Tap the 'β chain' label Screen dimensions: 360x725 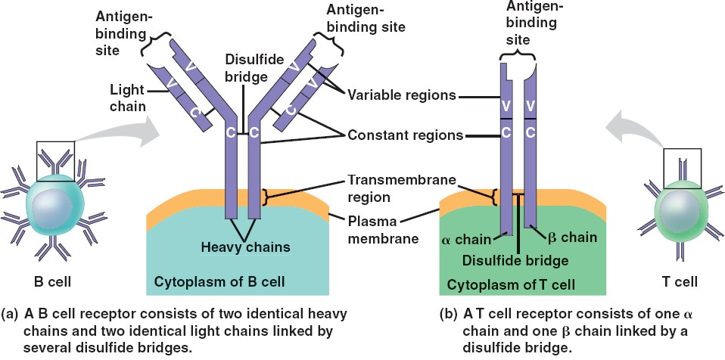(x=571, y=237)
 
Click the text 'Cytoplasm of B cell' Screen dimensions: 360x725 (x=219, y=283)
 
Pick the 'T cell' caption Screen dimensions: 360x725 (x=679, y=281)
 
